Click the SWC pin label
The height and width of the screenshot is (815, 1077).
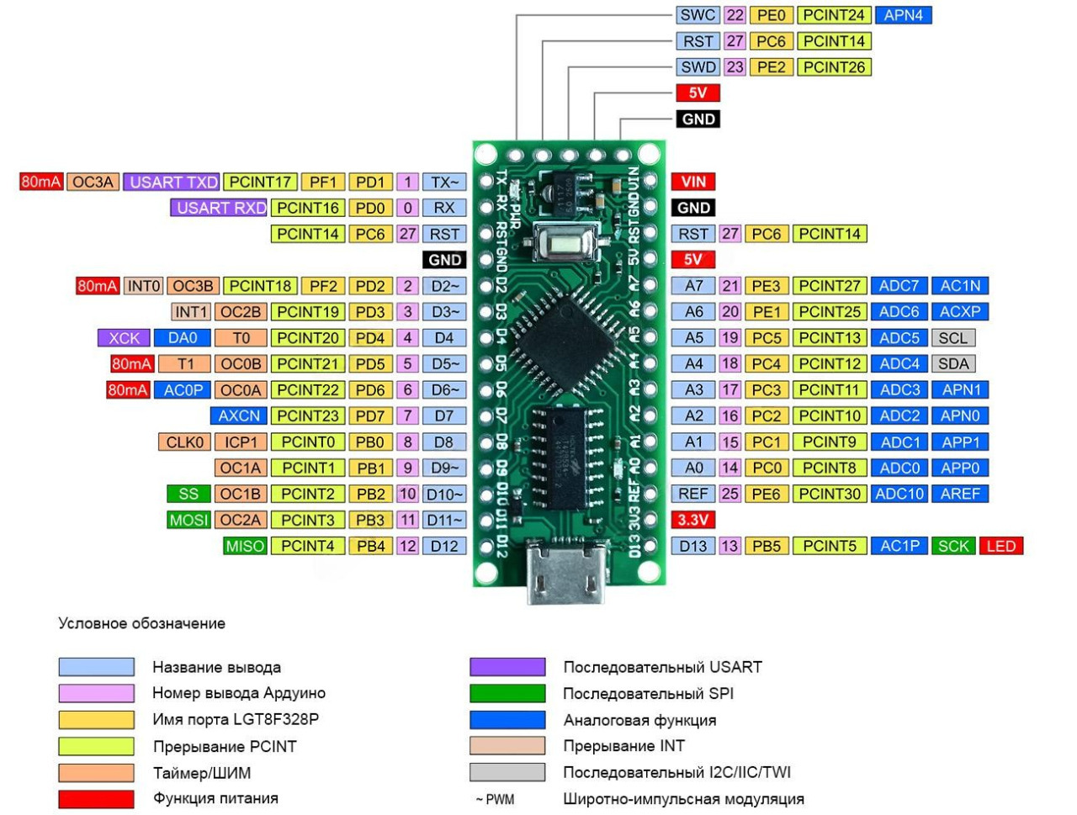coord(698,15)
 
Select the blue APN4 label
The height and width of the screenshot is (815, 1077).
coord(903,15)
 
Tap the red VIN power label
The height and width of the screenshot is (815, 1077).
coord(693,182)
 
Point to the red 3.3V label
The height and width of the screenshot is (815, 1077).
coord(693,520)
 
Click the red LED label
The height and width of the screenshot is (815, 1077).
coord(1000,546)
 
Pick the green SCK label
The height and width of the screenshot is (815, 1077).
coord(953,546)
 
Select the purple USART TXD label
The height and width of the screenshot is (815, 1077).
coord(172,182)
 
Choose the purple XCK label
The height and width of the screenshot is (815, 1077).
coord(124,338)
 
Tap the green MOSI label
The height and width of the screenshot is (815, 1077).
coord(188,520)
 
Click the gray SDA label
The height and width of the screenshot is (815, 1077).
coord(953,364)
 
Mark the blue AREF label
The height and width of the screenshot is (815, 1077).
coord(960,494)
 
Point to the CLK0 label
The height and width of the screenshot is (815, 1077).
coord(184,442)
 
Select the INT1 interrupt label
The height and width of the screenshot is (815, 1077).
coord(191,312)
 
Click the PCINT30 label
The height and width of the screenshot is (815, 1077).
coord(830,494)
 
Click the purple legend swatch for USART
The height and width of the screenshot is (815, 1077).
coord(507,667)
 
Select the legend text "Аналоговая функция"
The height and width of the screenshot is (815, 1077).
coord(639,720)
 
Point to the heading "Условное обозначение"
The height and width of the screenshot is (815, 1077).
coord(141,623)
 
